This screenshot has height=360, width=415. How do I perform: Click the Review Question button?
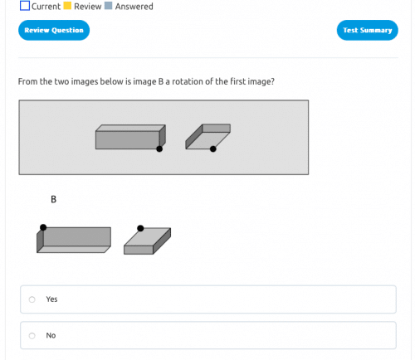tap(54, 30)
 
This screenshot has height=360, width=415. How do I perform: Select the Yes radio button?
tap(32, 299)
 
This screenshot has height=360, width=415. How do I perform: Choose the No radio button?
tap(32, 336)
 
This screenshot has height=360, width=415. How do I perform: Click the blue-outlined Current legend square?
tap(25, 6)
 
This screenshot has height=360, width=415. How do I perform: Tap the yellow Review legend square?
tap(67, 6)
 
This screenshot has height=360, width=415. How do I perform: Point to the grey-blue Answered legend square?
tap(108, 6)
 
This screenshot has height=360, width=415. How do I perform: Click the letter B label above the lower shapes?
tap(54, 200)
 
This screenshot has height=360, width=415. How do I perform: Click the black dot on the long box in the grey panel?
tap(159, 149)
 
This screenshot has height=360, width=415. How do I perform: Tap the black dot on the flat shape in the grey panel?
tap(213, 149)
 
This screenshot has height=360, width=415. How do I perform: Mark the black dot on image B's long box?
tap(43, 227)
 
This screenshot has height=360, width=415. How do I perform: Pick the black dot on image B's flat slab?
tap(140, 228)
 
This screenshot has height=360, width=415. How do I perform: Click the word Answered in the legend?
tap(134, 6)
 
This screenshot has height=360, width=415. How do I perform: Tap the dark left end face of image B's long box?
tap(40, 240)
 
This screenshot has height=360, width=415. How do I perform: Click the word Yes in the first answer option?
tap(52, 299)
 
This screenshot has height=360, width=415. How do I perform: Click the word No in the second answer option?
tap(51, 336)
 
